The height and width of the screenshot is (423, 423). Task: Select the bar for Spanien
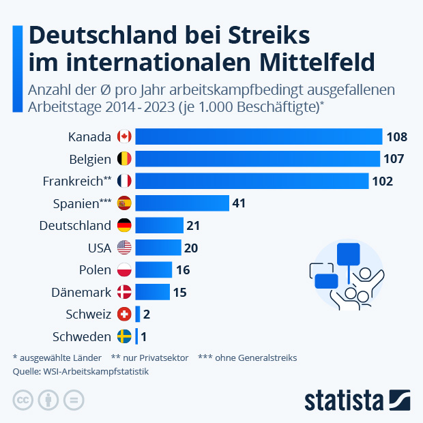[x=181, y=203]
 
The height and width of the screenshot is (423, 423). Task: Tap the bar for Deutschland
[x=159, y=225]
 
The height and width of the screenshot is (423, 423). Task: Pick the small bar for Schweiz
[x=137, y=315]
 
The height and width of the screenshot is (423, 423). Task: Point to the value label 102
[x=381, y=181]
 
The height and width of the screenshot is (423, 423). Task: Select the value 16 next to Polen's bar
[x=183, y=270]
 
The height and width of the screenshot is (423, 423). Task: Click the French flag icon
[x=124, y=181]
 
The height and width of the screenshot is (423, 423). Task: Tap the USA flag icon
[x=124, y=248]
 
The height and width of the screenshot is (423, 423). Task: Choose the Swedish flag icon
[x=124, y=337]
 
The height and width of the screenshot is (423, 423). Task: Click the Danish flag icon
[x=124, y=293]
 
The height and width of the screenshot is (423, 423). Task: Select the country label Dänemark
[x=81, y=293]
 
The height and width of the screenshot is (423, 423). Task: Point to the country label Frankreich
[x=72, y=181]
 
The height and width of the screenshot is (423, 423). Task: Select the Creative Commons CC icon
[x=23, y=400]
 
